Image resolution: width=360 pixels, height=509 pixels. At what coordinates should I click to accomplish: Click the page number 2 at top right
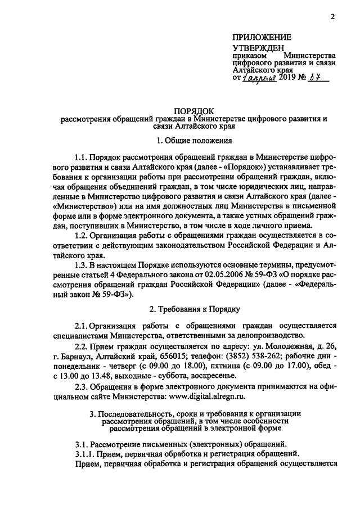(332, 16)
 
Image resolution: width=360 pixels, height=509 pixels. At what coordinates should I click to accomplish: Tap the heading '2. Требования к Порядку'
(194, 309)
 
